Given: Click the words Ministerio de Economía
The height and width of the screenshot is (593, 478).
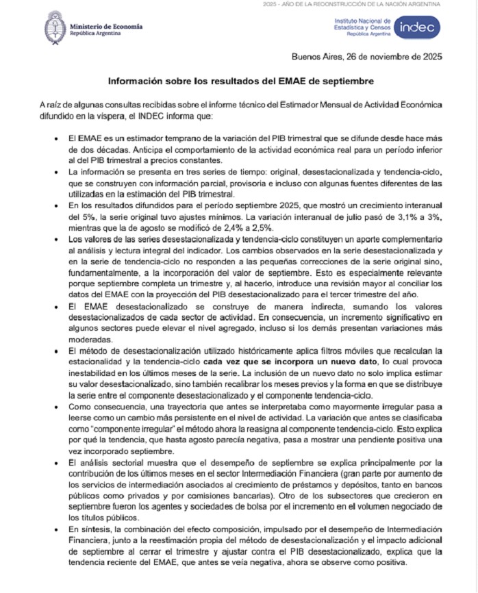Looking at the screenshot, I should point(106,26).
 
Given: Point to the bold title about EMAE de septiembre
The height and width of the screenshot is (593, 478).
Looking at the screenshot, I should point(240,81).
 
